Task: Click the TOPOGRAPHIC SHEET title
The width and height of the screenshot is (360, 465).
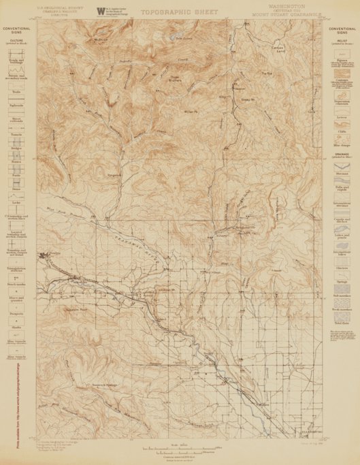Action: (181, 12)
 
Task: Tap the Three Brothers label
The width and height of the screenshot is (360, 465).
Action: (175, 96)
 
